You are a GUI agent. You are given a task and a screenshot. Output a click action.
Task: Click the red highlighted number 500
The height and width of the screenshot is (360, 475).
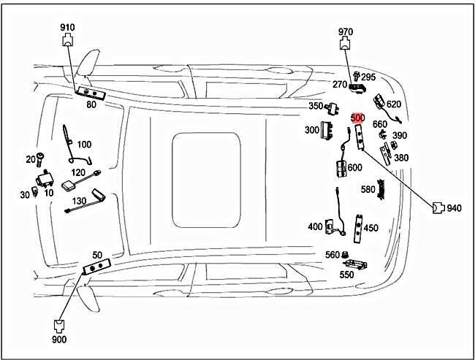point(358,118)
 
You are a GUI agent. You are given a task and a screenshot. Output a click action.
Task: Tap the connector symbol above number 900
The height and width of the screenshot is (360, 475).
point(58,326)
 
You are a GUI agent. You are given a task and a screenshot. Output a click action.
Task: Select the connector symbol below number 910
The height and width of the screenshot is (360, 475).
point(68,40)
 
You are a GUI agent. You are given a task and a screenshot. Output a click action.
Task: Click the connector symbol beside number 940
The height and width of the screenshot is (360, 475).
point(438,208)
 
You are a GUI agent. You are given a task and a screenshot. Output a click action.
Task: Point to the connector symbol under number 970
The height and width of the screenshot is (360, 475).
point(345,44)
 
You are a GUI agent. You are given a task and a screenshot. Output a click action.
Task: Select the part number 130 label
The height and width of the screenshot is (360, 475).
point(79,201)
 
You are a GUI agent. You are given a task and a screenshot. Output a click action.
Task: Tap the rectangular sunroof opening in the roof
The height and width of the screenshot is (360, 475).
point(206,180)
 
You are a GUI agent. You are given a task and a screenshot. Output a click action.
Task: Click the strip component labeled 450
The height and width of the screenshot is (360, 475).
point(358,229)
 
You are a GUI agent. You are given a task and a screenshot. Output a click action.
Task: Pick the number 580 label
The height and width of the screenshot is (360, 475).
point(368,190)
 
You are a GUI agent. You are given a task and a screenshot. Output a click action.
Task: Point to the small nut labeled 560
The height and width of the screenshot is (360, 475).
point(344,254)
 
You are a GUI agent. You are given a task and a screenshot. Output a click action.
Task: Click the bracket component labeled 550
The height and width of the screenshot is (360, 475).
point(355,264)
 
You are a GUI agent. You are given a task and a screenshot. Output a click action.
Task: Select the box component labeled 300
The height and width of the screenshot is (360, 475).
point(327,130)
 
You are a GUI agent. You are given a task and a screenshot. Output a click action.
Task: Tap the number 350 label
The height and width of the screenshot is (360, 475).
point(316,107)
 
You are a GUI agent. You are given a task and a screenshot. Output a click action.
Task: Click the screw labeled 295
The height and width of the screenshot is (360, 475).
point(357,77)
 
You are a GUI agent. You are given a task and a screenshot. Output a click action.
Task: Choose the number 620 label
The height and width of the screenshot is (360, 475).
point(394,104)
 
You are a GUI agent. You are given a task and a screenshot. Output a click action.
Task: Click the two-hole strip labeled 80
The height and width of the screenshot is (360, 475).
point(91,93)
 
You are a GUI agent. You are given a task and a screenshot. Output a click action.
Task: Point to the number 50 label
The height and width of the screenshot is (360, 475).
point(97,256)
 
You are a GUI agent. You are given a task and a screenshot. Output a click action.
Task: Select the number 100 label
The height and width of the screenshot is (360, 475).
point(84,145)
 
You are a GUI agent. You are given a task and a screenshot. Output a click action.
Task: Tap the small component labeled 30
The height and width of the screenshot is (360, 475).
point(35,191)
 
